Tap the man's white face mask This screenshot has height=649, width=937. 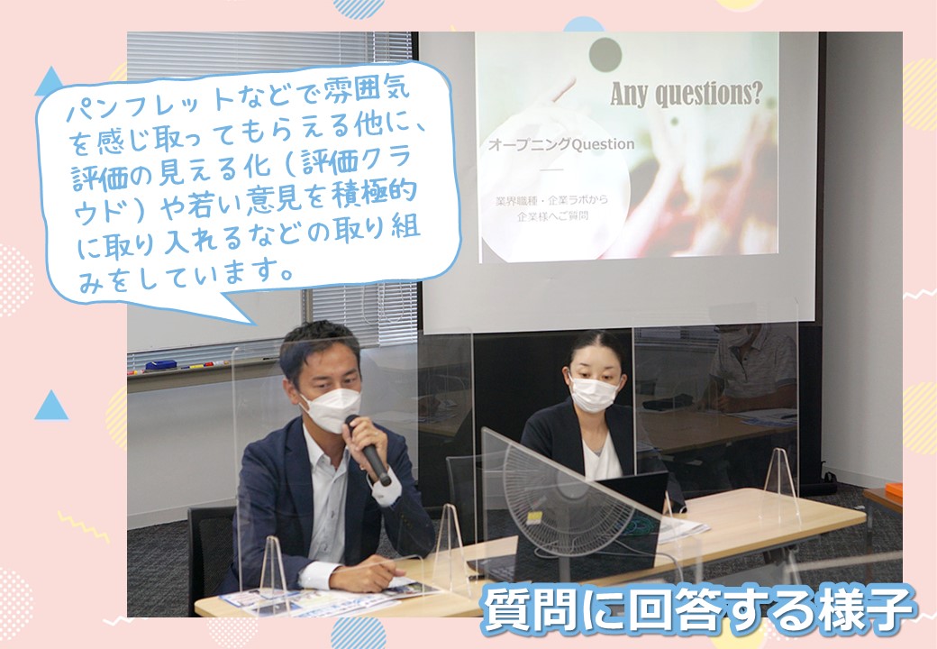(331, 408)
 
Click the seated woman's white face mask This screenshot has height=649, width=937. (593, 395)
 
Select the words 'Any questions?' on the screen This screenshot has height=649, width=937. (686, 94)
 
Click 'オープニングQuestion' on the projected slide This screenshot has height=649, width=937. (561, 144)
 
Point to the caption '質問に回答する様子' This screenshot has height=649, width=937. (698, 609)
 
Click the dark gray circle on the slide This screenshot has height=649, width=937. (605, 54)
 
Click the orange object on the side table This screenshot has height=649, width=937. (894, 491)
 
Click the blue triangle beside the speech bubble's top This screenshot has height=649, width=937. (50, 81)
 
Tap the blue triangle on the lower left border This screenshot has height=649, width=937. (51, 406)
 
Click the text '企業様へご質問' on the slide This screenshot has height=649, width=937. (553, 216)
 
